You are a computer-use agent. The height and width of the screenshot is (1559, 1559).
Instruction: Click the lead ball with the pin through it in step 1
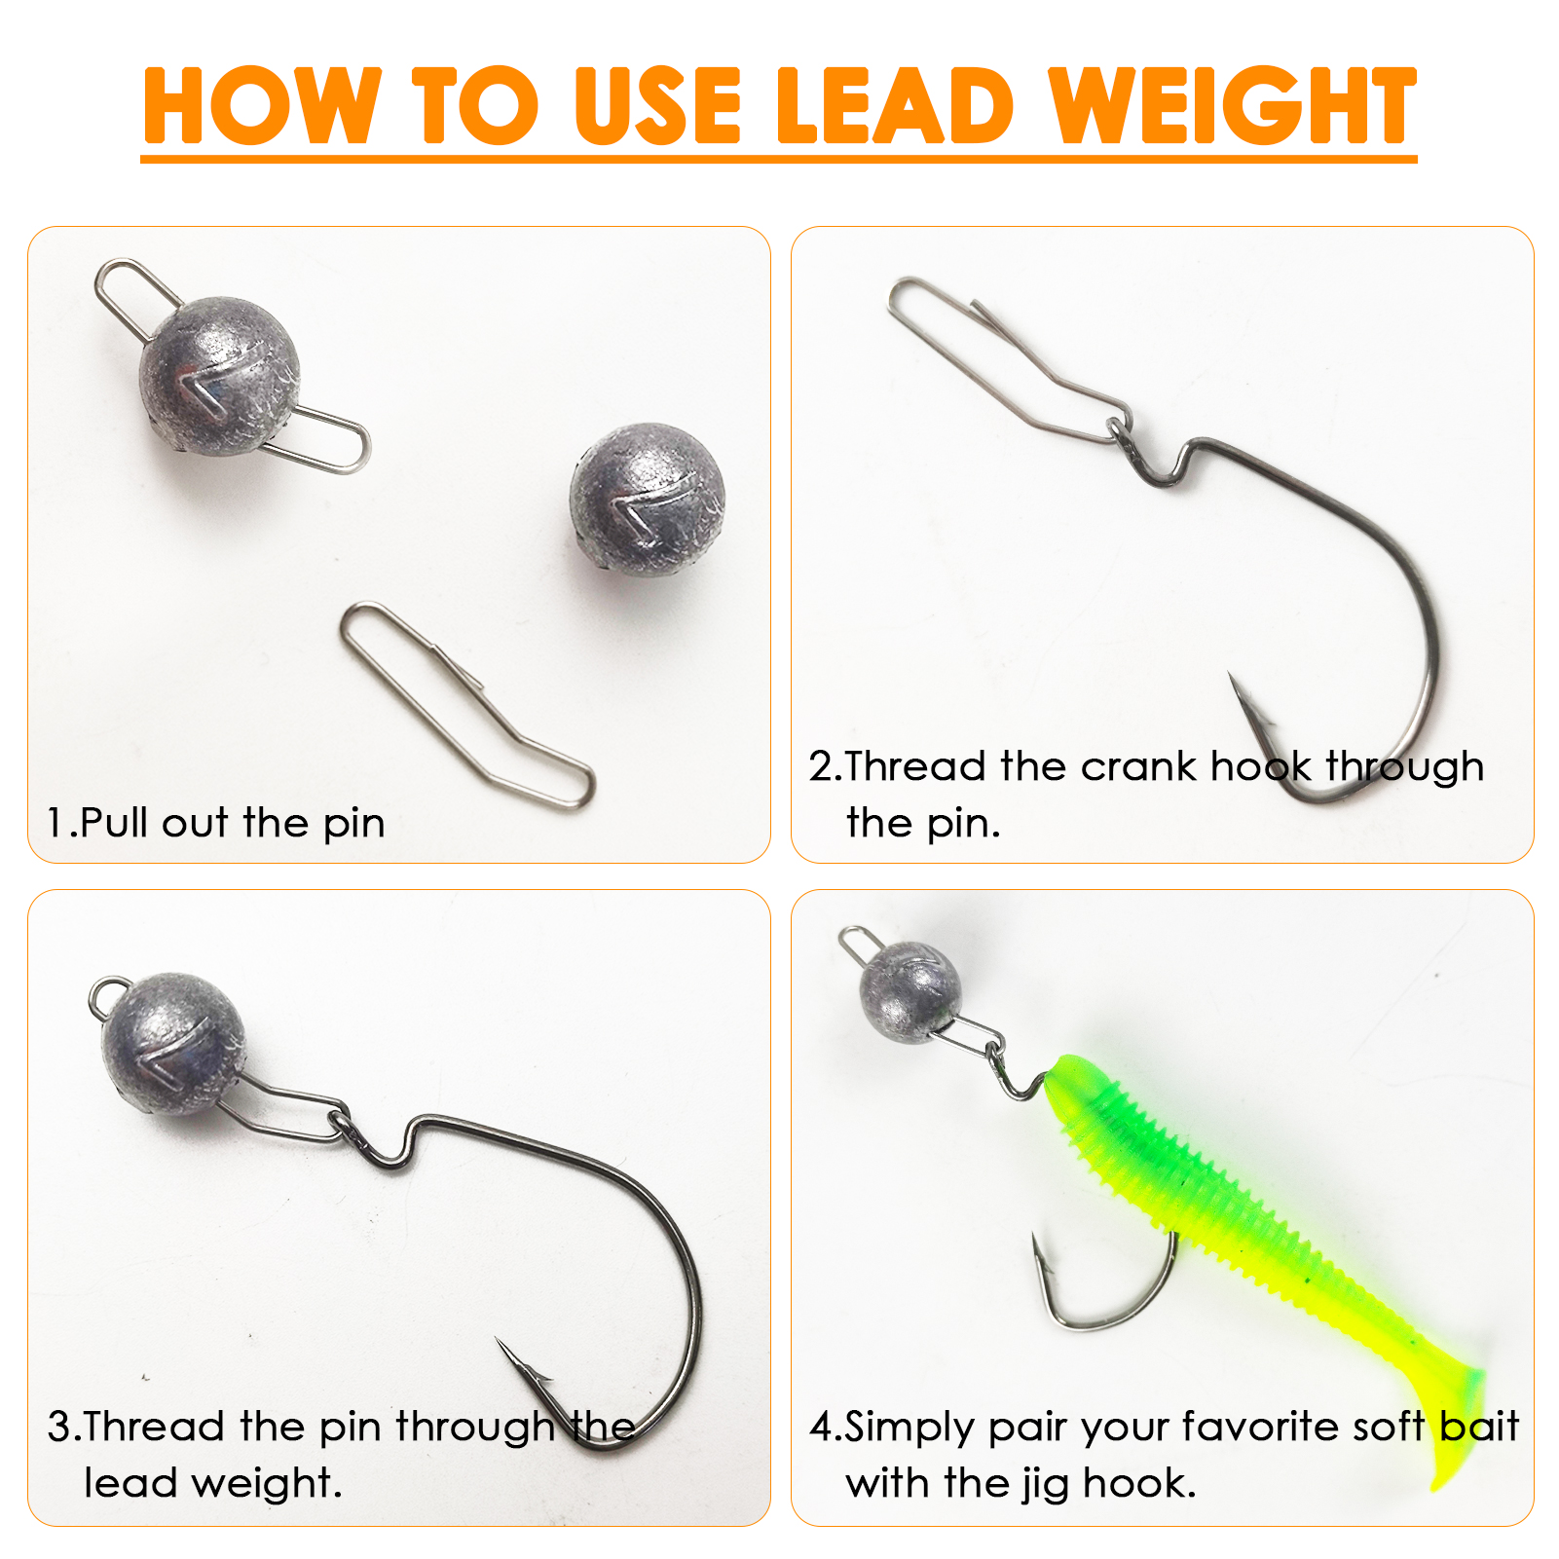(218, 375)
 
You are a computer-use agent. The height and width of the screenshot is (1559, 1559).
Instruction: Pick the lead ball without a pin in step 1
(648, 499)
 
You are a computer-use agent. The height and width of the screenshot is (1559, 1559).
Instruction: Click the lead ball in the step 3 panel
(174, 1043)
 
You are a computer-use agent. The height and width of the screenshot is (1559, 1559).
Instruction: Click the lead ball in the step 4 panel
(910, 992)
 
